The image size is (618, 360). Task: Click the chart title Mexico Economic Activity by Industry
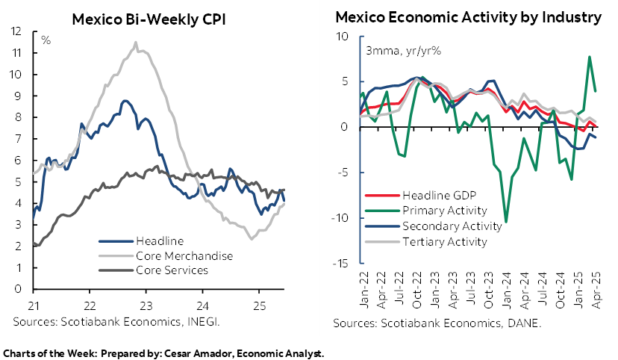pyautogui.click(x=468, y=17)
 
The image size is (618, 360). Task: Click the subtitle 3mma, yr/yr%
pyautogui.click(x=393, y=52)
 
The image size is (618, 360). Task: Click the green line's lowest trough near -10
pyautogui.click(x=506, y=222)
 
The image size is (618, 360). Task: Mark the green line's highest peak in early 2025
pyautogui.click(x=590, y=57)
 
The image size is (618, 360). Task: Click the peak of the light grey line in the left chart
pyautogui.click(x=136, y=42)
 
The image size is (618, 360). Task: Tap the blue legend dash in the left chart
pyautogui.click(x=116, y=241)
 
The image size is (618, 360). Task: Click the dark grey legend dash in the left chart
pyautogui.click(x=116, y=270)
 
